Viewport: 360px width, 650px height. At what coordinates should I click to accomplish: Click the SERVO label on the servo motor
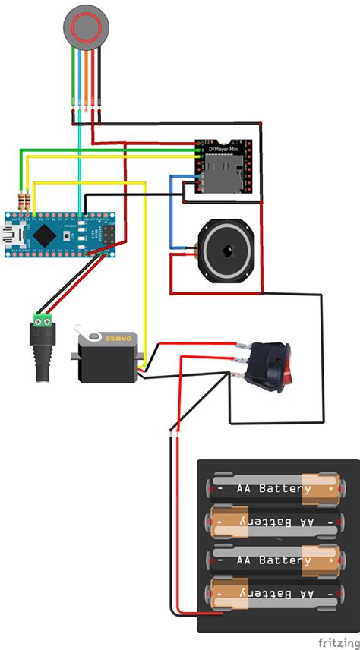pyautogui.click(x=119, y=339)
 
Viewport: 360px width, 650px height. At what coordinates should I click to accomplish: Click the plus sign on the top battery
pyautogui.click(x=332, y=488)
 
